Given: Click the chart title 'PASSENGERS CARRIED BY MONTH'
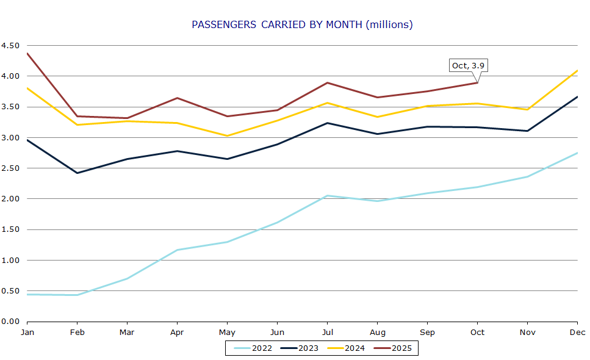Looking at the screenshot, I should click(302, 24).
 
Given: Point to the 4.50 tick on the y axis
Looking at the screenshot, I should click(10, 46).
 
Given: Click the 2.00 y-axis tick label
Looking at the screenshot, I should click(10, 199).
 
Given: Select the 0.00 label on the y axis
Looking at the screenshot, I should click(10, 322).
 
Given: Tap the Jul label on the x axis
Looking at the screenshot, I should click(327, 332).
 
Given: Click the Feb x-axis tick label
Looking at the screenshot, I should click(77, 332).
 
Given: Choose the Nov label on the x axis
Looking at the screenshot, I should click(527, 332).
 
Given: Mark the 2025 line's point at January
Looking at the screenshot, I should click(27, 53).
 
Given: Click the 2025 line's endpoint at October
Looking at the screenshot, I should click(477, 82).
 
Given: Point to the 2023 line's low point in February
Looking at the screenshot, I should click(77, 173).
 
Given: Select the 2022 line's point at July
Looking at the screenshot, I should click(327, 196).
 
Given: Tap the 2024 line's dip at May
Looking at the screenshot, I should click(227, 136).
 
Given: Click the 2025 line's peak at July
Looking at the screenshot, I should click(327, 83).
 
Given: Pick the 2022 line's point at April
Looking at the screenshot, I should click(177, 250).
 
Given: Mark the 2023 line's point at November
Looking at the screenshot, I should click(527, 131).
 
